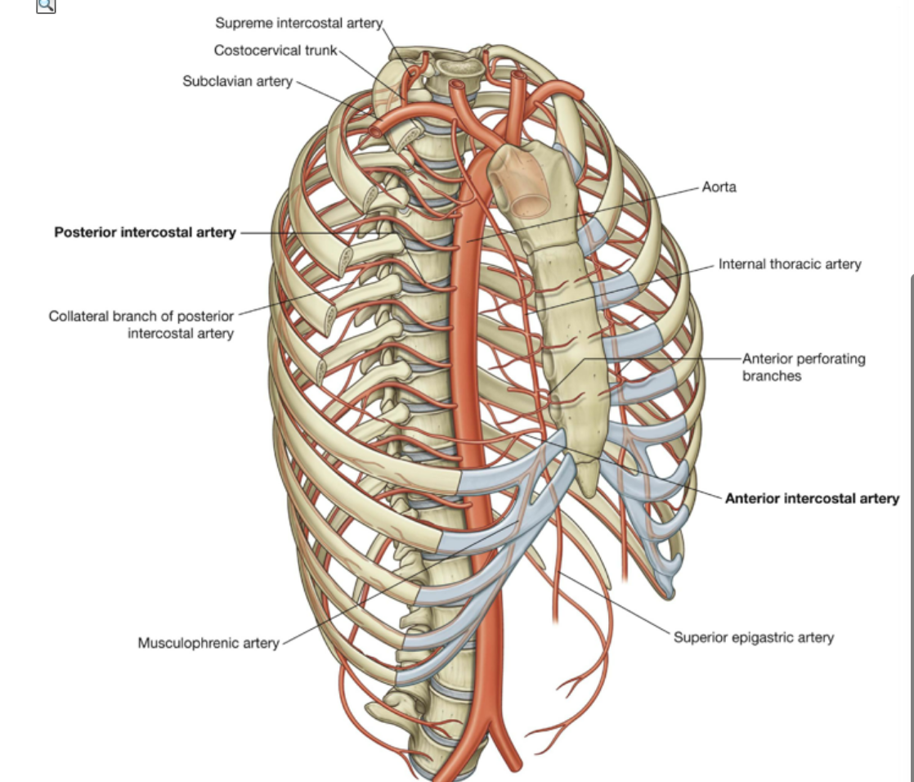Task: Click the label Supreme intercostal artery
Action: [x=298, y=22]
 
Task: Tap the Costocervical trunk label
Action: [x=276, y=51]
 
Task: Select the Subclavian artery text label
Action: [x=237, y=82]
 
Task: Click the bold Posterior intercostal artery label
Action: [x=145, y=232]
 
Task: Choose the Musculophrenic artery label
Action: [x=208, y=643]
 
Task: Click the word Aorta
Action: [x=719, y=187]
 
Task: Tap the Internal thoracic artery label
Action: [x=789, y=264]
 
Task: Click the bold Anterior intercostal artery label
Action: [x=812, y=498]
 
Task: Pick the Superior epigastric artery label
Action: [x=753, y=637]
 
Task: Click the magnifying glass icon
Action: [x=46, y=7]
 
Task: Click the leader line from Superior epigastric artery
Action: [x=621, y=605]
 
